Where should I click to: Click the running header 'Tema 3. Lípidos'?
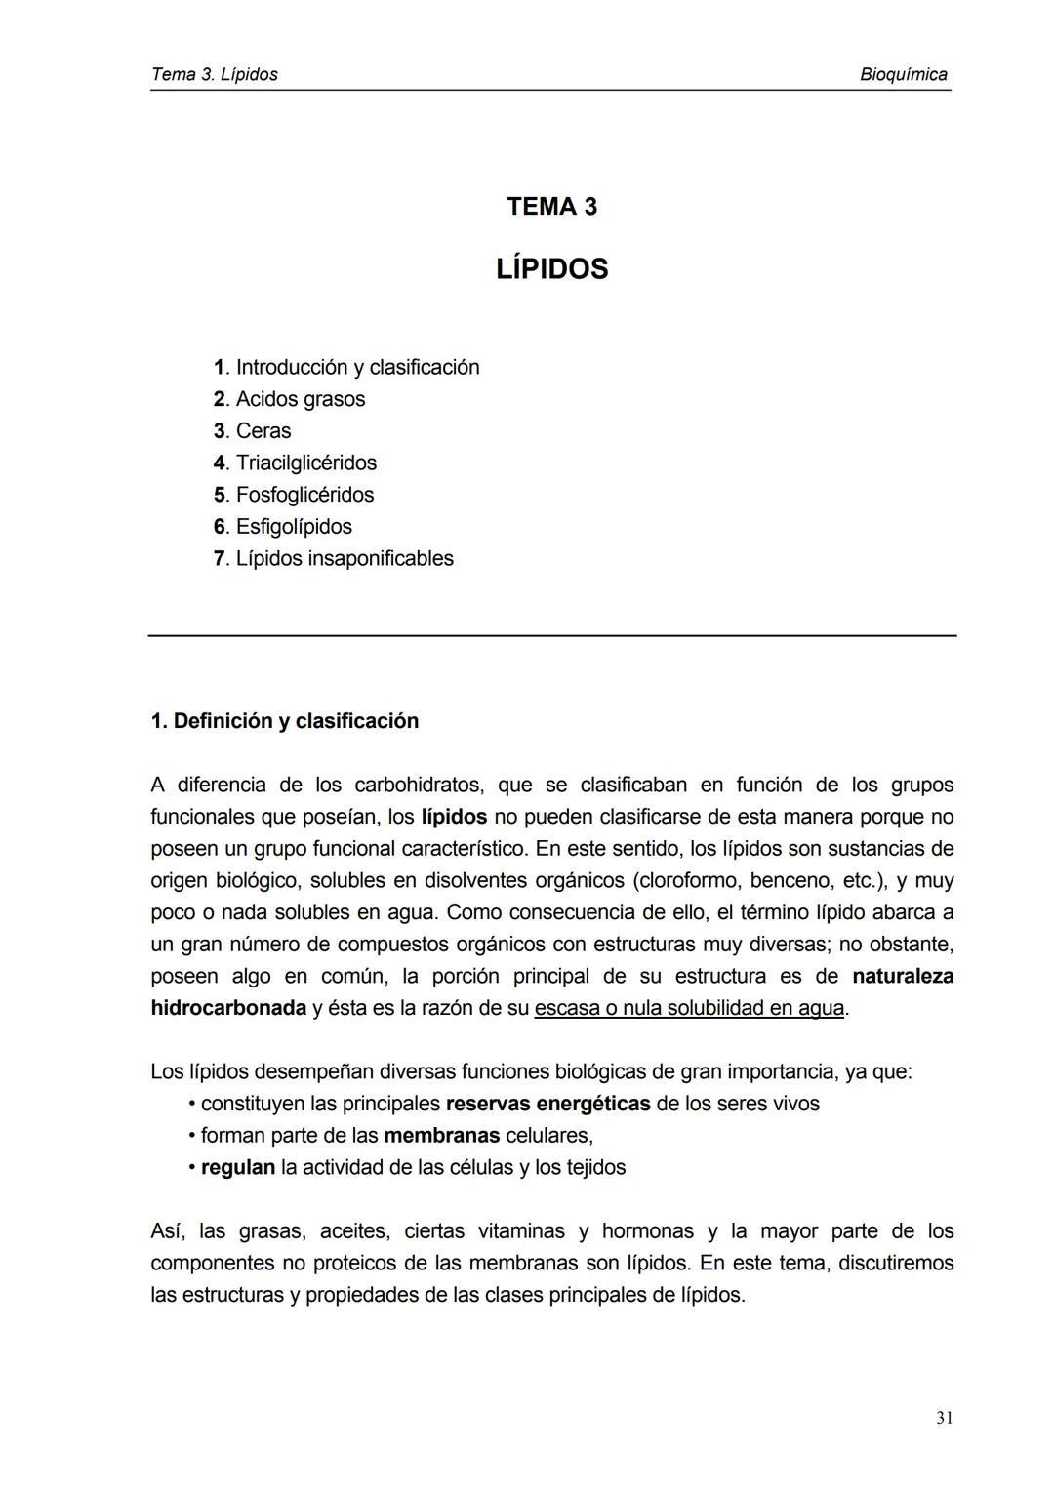[215, 75]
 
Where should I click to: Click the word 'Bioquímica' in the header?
[904, 75]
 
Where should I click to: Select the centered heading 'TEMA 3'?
[551, 207]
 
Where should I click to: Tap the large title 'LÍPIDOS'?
[551, 269]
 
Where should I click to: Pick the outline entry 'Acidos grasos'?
[300, 399]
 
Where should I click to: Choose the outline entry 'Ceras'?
[263, 431]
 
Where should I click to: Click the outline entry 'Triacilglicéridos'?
[305, 463]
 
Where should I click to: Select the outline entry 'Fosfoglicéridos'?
[304, 495]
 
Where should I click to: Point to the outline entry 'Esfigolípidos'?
[294, 527]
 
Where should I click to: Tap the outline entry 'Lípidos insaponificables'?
[345, 559]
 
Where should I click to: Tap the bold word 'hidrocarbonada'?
[228, 1008]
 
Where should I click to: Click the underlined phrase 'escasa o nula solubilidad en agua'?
[689, 1008]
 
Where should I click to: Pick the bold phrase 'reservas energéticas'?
[547, 1104]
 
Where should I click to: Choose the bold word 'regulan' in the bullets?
[238, 1168]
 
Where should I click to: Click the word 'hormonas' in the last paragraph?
[647, 1231]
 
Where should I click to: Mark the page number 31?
[944, 1419]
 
